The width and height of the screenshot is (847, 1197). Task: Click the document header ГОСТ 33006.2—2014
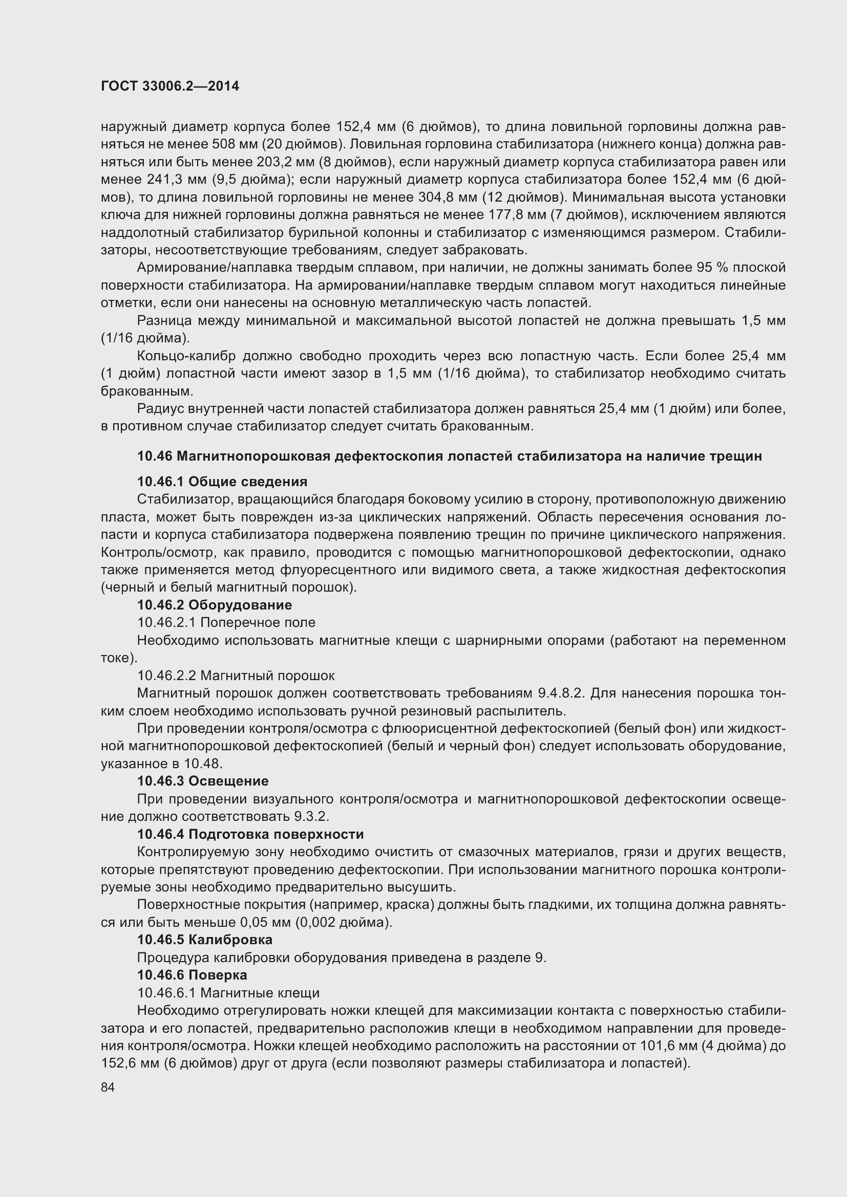pyautogui.click(x=170, y=86)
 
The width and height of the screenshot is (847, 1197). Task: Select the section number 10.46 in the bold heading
pyautogui.click(x=154, y=456)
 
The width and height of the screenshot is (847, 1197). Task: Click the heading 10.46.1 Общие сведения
pyautogui.click(x=222, y=481)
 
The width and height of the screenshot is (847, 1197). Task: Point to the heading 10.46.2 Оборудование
pyautogui.click(x=214, y=605)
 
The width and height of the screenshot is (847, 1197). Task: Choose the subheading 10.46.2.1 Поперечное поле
pyautogui.click(x=226, y=622)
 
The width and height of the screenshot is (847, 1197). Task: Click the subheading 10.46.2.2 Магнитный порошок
pyautogui.click(x=236, y=676)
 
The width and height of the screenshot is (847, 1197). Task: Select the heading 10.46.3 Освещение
pyautogui.click(x=202, y=781)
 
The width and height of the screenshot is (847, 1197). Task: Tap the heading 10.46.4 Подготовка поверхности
pyautogui.click(x=250, y=834)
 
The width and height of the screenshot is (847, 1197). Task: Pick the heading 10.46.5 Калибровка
pyautogui.click(x=204, y=940)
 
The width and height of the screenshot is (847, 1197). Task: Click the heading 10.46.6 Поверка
pyautogui.click(x=192, y=975)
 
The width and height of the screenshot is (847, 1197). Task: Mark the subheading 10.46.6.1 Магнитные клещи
pyautogui.click(x=228, y=993)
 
